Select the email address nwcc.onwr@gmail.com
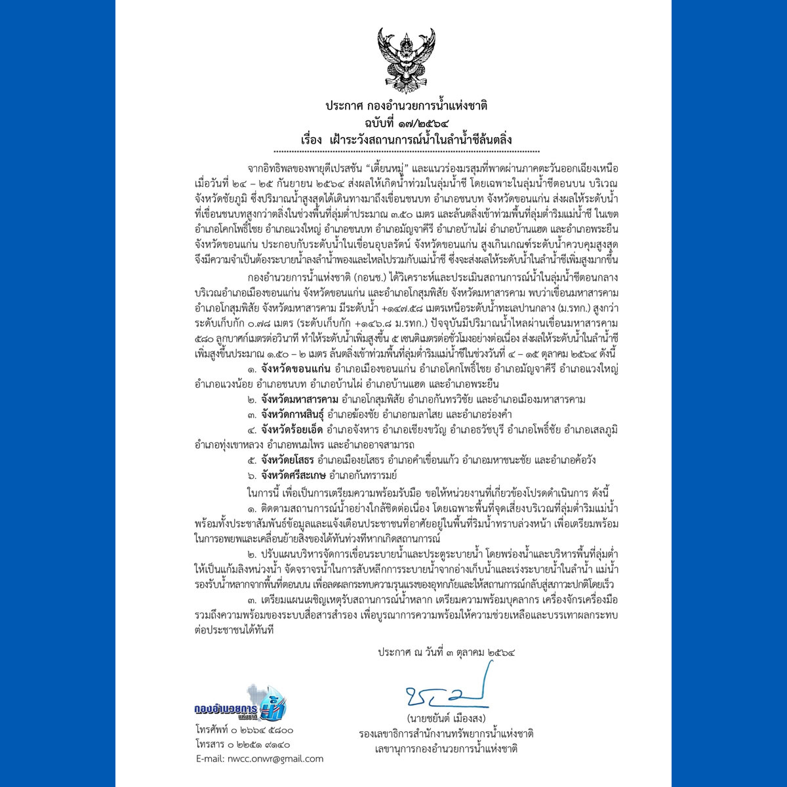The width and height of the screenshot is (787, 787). tap(259, 759)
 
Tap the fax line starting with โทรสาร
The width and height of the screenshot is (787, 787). tap(242, 744)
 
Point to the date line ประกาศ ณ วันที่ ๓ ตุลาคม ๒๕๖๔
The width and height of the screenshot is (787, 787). tap(446, 653)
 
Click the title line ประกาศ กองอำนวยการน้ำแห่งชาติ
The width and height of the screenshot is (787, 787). tap(407, 106)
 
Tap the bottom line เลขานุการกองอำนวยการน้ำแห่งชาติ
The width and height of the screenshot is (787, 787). tap(446, 748)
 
